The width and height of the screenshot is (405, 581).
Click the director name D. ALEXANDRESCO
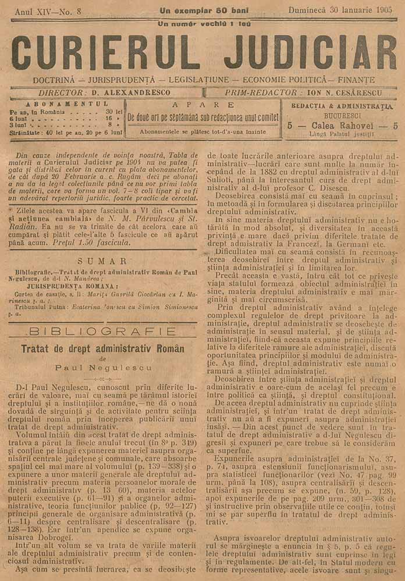[x=137, y=92]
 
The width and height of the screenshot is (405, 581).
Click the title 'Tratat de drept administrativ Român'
[x=102, y=350]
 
